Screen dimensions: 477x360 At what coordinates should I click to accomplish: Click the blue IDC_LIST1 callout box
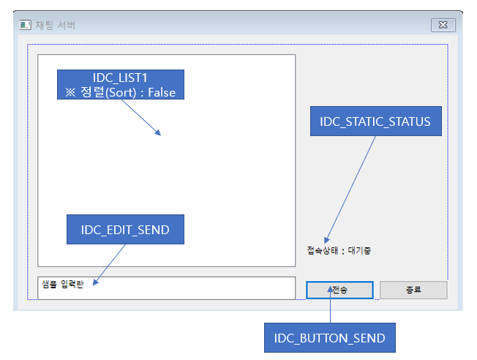[121, 85]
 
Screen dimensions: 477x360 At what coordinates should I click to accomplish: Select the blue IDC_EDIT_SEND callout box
[125, 230]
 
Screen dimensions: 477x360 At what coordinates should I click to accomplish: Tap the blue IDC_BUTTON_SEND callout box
[329, 338]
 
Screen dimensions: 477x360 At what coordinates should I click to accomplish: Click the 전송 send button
[339, 290]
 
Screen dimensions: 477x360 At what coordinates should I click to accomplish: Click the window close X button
[442, 25]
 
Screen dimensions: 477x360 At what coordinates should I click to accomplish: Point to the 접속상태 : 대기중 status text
[339, 250]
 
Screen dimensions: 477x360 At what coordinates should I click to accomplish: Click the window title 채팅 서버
[55, 25]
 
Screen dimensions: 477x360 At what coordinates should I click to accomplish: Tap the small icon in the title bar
[26, 25]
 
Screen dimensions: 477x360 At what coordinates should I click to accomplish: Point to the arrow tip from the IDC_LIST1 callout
[159, 134]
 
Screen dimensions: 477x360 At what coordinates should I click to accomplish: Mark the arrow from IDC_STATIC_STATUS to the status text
[351, 187]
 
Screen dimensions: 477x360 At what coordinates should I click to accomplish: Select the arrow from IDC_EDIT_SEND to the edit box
[110, 263]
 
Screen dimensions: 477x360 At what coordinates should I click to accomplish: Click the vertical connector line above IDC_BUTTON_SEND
[330, 307]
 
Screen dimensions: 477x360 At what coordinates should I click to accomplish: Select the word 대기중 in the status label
[361, 250]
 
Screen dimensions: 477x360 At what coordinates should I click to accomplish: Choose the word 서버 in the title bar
[67, 25]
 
